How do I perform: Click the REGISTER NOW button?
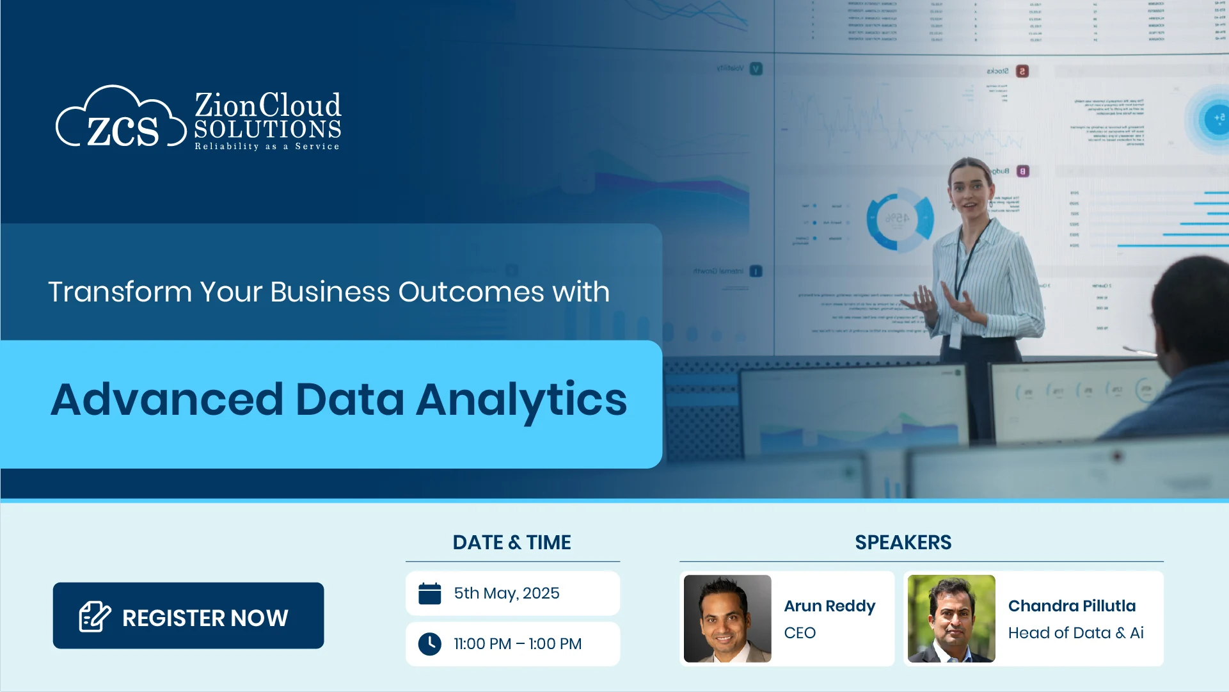click(188, 616)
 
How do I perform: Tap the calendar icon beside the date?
click(429, 593)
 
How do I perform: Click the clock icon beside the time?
click(429, 644)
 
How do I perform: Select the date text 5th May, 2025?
click(507, 593)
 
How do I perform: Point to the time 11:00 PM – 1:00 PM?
click(518, 644)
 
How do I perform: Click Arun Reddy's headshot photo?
click(727, 618)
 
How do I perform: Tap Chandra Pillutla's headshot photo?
click(951, 618)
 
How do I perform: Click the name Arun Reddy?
click(830, 606)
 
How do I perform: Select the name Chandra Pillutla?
click(1072, 606)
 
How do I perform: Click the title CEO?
click(800, 633)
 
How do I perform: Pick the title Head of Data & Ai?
click(1075, 633)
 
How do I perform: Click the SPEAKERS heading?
click(903, 543)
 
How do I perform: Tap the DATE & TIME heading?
click(512, 543)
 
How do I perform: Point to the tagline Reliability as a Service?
click(267, 147)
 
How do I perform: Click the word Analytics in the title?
click(521, 400)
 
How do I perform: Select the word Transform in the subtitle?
click(120, 293)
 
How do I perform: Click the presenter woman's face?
click(970, 192)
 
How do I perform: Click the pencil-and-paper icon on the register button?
click(95, 617)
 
